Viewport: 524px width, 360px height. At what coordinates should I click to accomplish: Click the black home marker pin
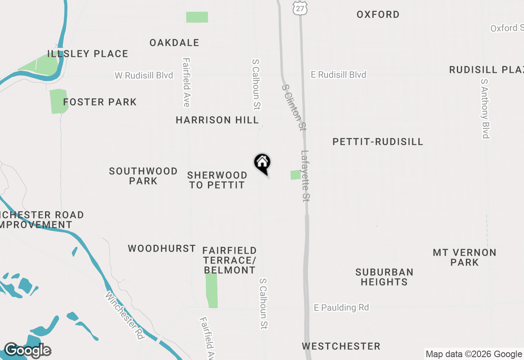[x=262, y=163]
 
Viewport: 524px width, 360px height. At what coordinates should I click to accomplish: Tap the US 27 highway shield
[x=300, y=7]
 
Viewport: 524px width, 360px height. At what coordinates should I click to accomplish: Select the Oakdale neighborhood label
[x=174, y=43]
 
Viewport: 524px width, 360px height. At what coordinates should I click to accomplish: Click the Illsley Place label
[x=88, y=54]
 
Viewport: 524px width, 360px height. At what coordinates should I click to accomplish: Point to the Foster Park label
[x=100, y=102]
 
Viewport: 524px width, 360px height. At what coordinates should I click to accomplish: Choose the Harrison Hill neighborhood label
[x=217, y=120]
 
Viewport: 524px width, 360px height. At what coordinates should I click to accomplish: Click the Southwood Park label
[x=143, y=176]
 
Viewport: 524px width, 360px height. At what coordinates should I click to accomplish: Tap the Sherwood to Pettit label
[x=217, y=180]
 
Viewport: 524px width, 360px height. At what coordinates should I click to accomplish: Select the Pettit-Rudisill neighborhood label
[x=377, y=142]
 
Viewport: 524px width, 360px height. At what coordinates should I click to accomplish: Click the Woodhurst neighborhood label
[x=162, y=248]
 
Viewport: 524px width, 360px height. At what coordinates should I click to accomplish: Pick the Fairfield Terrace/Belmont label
[x=230, y=260]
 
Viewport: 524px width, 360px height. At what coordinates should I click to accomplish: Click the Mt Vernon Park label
[x=464, y=257]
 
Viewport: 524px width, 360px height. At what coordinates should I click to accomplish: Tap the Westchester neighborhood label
[x=341, y=346]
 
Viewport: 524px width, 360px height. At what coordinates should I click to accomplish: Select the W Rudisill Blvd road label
[x=144, y=75]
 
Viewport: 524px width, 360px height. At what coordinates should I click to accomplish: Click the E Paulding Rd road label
[x=341, y=307]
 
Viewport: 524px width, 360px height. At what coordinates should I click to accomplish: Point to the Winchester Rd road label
[x=125, y=315]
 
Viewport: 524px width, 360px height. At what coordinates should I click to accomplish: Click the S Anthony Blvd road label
[x=485, y=108]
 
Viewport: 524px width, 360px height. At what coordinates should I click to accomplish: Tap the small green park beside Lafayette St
[x=296, y=175]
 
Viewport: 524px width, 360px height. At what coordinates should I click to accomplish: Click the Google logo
[x=27, y=351]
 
